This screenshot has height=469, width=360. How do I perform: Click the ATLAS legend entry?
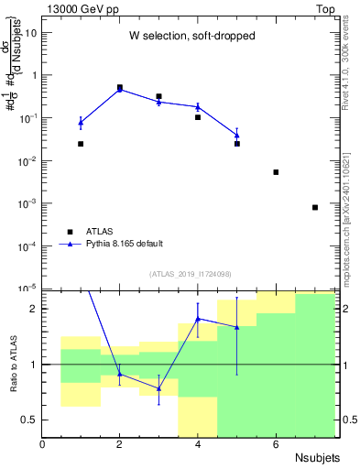100,232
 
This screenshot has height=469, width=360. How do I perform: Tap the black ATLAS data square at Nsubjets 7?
314,207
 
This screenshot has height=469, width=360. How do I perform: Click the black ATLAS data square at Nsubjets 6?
276,172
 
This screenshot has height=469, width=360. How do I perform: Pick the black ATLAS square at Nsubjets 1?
81,144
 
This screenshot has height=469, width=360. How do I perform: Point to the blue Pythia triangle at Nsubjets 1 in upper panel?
81,122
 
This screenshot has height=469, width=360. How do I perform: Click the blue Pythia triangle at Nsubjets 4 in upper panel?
198,107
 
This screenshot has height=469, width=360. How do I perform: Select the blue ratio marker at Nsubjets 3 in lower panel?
158,388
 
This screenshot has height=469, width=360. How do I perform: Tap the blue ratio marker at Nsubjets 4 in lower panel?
198,319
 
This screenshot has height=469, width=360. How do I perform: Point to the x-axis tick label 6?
276,444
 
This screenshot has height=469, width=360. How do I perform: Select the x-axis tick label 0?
42,444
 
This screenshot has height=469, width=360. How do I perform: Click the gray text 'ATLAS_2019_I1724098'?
191,274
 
